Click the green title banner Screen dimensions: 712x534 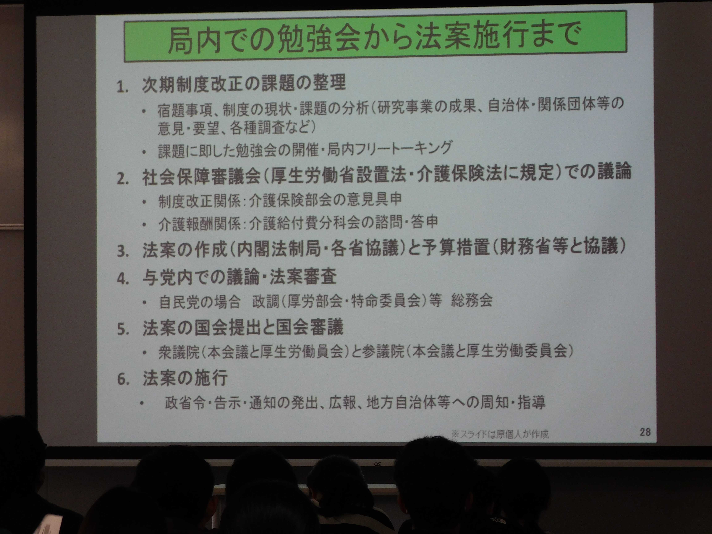[375, 36]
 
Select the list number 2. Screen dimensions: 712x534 [123, 179]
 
